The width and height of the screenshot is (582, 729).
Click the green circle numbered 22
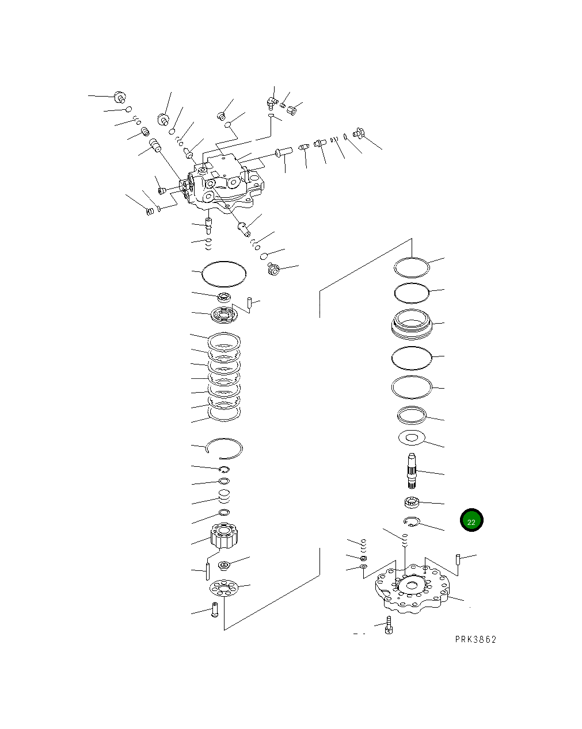[471, 520]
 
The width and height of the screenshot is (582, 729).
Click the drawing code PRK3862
[475, 639]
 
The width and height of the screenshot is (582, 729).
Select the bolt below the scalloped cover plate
[389, 625]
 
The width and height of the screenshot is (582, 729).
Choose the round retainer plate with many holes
[224, 589]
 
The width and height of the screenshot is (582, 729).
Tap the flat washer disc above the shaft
[411, 438]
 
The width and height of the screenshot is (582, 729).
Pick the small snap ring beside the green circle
[412, 522]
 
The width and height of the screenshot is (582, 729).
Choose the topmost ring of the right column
[412, 267]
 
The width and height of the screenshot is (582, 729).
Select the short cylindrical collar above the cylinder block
[224, 496]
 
